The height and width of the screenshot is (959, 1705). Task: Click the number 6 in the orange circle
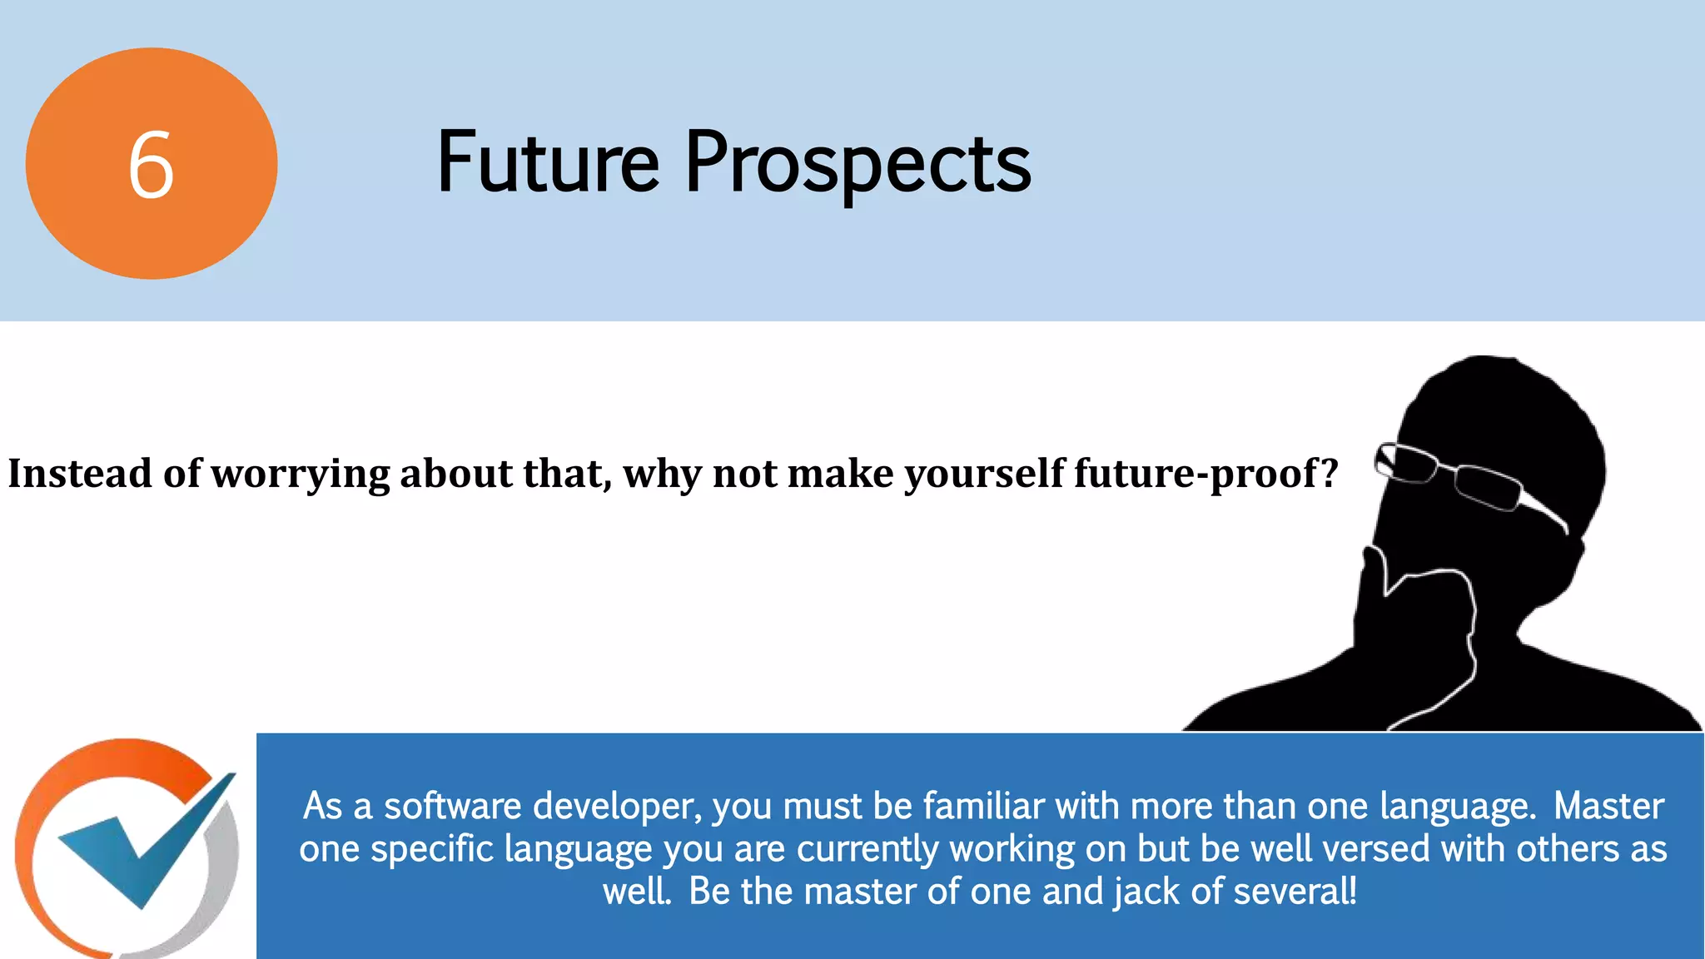point(151,166)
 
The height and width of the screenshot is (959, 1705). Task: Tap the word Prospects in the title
point(857,164)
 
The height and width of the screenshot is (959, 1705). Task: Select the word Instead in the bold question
point(80,473)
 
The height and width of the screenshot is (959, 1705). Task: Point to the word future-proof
point(1195,475)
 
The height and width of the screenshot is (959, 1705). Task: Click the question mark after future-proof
point(1329,473)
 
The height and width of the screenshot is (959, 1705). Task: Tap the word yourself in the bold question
point(985,475)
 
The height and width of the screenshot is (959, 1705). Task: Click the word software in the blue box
point(452,806)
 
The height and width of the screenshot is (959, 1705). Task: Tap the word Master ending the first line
point(1608,806)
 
